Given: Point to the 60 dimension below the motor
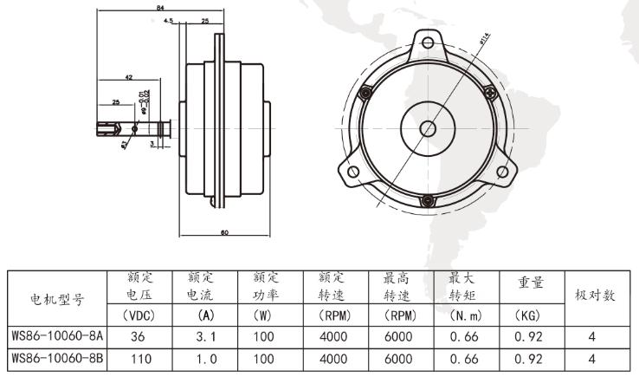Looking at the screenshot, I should (223, 232).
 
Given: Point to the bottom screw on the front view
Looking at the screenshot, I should (428, 202).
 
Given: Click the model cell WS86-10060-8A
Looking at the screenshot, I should (56, 335).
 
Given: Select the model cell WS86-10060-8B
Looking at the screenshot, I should (56, 356).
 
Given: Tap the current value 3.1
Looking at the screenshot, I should (206, 335).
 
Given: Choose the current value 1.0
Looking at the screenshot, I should (206, 356).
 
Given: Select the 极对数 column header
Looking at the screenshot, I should (596, 296).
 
